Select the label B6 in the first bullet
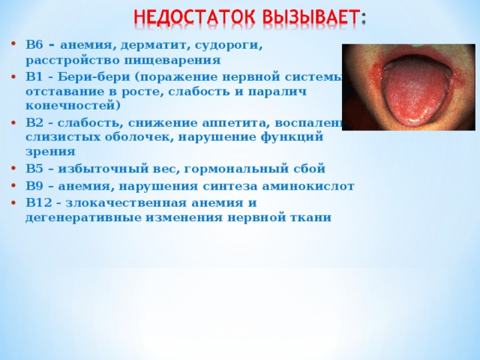coord(34,45)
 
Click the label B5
coord(34,168)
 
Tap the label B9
coord(34,185)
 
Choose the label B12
coord(38,202)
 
